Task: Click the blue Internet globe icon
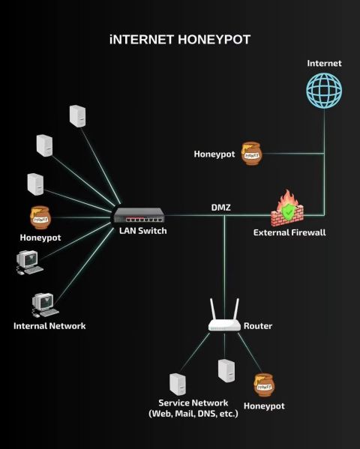pyautogui.click(x=324, y=90)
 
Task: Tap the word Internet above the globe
pyautogui.click(x=324, y=63)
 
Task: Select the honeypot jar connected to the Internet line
pyautogui.click(x=251, y=154)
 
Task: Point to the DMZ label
pyautogui.click(x=220, y=208)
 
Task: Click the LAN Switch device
pyautogui.click(x=139, y=215)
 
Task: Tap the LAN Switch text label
pyautogui.click(x=143, y=231)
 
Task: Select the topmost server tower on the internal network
pyautogui.click(x=78, y=116)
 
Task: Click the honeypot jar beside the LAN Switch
pyautogui.click(x=40, y=217)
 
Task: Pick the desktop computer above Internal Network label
pyautogui.click(x=45, y=305)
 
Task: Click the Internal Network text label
pyautogui.click(x=49, y=326)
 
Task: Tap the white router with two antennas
pyautogui.click(x=224, y=316)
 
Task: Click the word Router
pyautogui.click(x=258, y=326)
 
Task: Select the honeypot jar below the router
pyautogui.click(x=264, y=385)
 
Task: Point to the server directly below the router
pyautogui.click(x=226, y=371)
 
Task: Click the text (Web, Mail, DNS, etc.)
pyautogui.click(x=193, y=414)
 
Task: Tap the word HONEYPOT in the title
pyautogui.click(x=214, y=40)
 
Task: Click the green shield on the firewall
pyautogui.click(x=287, y=211)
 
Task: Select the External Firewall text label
pyautogui.click(x=289, y=232)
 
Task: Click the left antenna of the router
pyautogui.click(x=214, y=310)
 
